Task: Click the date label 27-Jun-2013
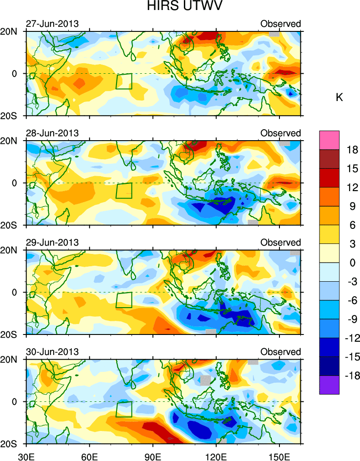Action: click(52, 24)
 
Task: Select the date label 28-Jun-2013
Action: click(52, 133)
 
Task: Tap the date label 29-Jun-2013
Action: click(52, 242)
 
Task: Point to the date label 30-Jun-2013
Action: click(52, 352)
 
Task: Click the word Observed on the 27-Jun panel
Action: click(280, 24)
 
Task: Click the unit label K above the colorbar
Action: click(339, 97)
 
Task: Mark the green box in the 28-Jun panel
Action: click(124, 190)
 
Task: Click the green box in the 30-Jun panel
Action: click(124, 409)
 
